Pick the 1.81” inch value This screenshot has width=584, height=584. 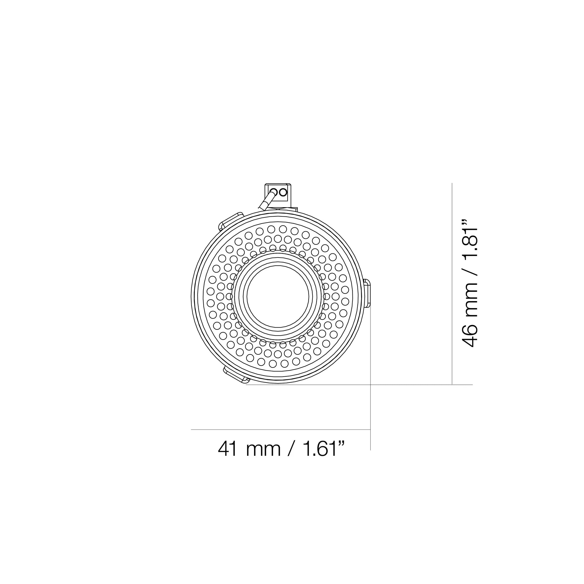[x=469, y=239]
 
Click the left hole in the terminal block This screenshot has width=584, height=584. [x=274, y=192]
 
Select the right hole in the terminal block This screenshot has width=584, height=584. [x=283, y=192]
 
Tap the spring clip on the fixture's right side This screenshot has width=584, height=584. [x=367, y=293]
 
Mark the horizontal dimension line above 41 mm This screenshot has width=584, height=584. [x=272, y=430]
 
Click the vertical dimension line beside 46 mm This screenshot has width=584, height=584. [x=452, y=272]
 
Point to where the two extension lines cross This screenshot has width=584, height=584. [x=371, y=385]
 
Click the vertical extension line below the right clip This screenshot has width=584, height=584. [x=371, y=347]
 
